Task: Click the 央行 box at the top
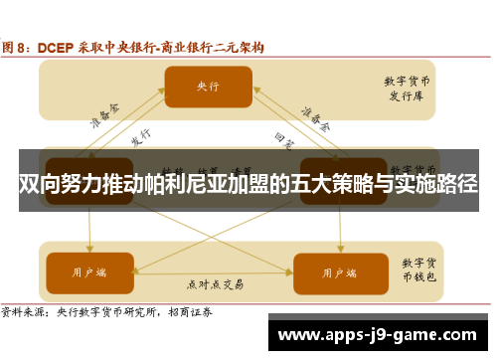click(207, 88)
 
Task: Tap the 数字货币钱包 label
click(420, 270)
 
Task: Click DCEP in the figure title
click(56, 46)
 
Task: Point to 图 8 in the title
click(18, 46)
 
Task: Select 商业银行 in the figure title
click(189, 46)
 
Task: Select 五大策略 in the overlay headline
click(319, 184)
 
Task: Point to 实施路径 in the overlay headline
click(433, 184)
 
